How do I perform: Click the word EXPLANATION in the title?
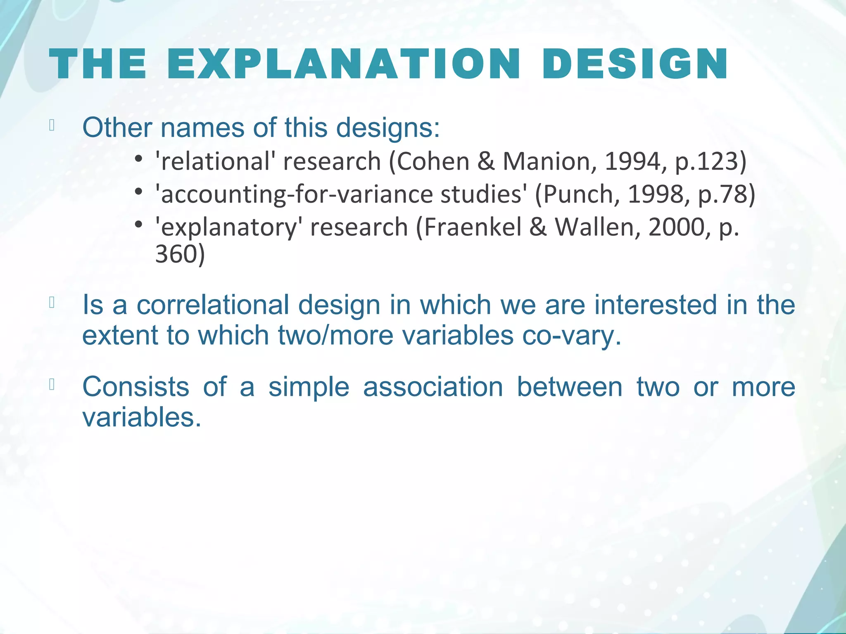click(344, 64)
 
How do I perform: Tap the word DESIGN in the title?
click(635, 64)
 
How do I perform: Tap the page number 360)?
click(180, 254)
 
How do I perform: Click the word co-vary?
click(571, 335)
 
